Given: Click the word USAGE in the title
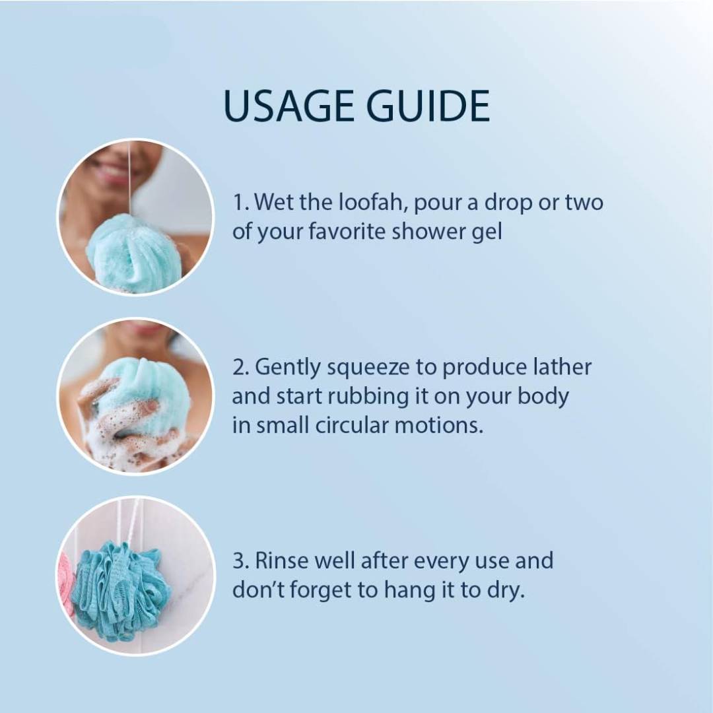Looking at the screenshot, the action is pos(290,106).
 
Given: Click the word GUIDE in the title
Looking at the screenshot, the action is pos(428,106).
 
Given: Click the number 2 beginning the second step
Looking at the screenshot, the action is pos(240,368).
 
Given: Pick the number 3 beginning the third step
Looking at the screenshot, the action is pos(240,561).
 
